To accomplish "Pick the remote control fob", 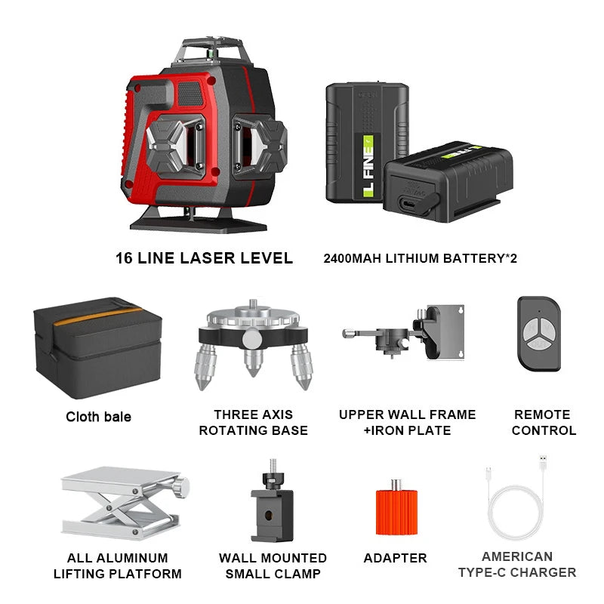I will tap(539, 332).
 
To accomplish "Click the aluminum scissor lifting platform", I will tap(120, 502).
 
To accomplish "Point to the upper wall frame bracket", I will tap(408, 332).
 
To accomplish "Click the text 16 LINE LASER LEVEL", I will tap(204, 258).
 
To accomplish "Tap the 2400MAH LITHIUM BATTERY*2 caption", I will tap(421, 258).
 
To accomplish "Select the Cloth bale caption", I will tap(98, 417).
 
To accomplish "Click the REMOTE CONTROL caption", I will tap(544, 423).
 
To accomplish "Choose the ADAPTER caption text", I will tap(395, 559).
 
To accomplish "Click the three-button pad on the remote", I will tap(538, 332).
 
